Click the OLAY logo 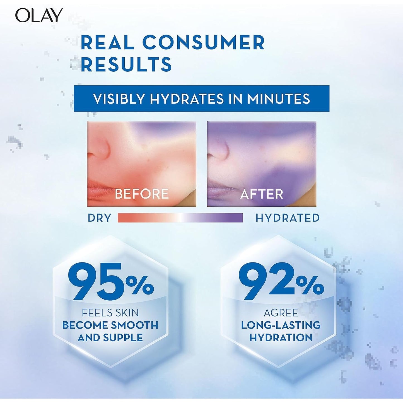click(39, 15)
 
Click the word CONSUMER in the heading click(203, 43)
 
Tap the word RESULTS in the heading click(126, 64)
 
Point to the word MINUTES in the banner click(279, 99)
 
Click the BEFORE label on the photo click(142, 194)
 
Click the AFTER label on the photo click(262, 194)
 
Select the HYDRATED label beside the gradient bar click(288, 218)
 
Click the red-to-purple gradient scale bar click(180, 218)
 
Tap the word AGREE click(281, 313)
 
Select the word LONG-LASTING click(281, 325)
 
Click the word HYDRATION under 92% click(281, 338)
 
